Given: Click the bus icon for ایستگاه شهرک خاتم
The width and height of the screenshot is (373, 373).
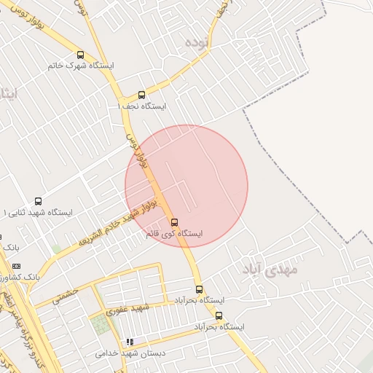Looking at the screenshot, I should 80,55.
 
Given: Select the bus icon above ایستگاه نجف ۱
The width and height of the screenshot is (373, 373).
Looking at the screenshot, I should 141,95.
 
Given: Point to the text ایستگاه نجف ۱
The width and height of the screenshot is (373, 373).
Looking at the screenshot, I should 142,106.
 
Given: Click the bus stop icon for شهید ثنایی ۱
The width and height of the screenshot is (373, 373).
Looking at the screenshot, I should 38,201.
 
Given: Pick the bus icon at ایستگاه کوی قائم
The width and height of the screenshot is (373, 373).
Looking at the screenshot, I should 174,222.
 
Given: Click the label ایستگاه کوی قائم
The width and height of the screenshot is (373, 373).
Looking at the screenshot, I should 174,234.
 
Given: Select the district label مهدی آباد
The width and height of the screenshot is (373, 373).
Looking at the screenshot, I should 270,269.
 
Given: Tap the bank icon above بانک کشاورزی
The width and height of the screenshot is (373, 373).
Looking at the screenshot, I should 17,266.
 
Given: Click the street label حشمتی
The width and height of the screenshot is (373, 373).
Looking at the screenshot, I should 66,294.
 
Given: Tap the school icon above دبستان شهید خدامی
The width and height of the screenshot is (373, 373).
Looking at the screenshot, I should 130,342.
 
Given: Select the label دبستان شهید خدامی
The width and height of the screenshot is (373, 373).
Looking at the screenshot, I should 130,353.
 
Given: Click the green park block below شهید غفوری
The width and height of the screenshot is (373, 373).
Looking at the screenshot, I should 103,324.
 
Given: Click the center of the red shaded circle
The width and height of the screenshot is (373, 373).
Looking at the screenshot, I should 186,186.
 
